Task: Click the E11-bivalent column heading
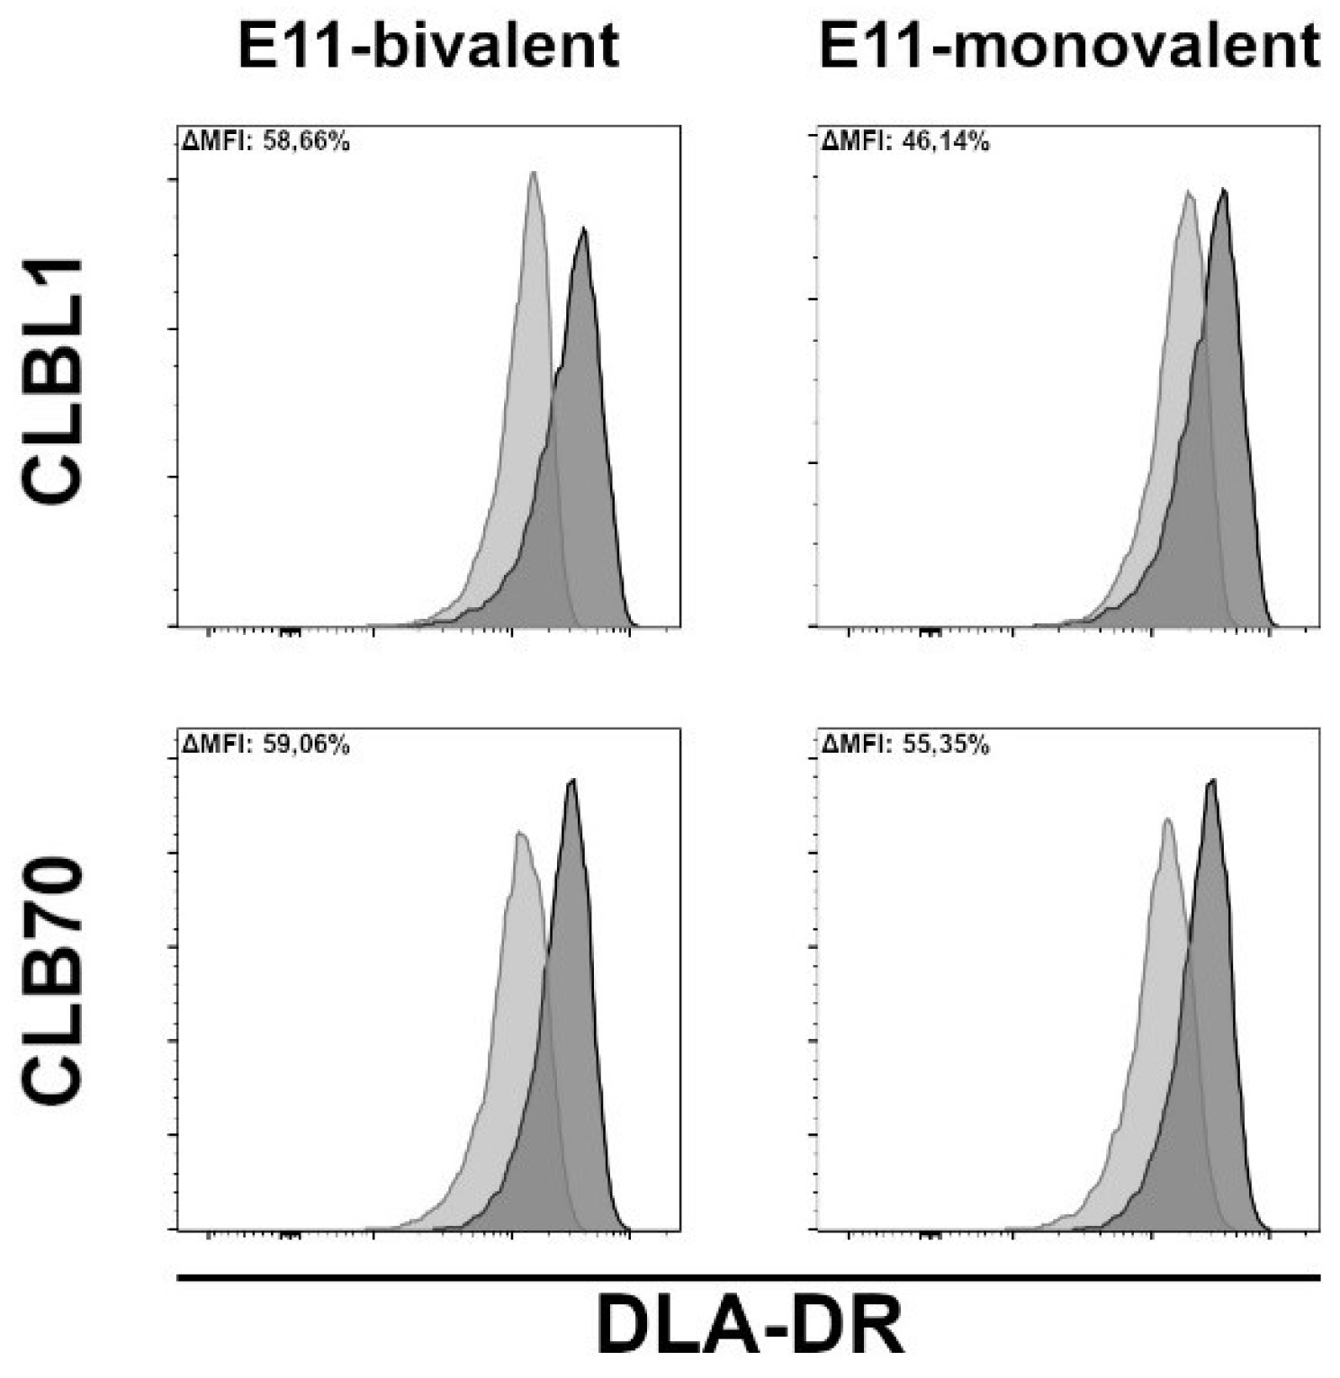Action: pyautogui.click(x=428, y=45)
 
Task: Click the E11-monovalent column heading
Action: pyautogui.click(x=1069, y=45)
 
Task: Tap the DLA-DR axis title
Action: pyautogui.click(x=750, y=1329)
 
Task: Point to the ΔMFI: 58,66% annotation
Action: pyautogui.click(x=265, y=141)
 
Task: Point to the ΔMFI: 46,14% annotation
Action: pyautogui.click(x=905, y=141)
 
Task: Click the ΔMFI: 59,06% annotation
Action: pyautogui.click(x=265, y=745)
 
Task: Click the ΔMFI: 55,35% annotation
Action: pyautogui.click(x=905, y=745)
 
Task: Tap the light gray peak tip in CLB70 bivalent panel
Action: pyautogui.click(x=519, y=833)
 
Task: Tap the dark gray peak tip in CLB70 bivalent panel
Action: pyautogui.click(x=572, y=780)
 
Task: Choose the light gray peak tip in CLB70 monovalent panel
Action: pyautogui.click(x=1167, y=819)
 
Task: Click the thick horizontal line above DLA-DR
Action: pyautogui.click(x=750, y=1276)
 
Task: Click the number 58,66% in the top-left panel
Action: pyautogui.click(x=306, y=141)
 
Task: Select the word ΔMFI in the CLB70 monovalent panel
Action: pyautogui.click(x=852, y=745)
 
